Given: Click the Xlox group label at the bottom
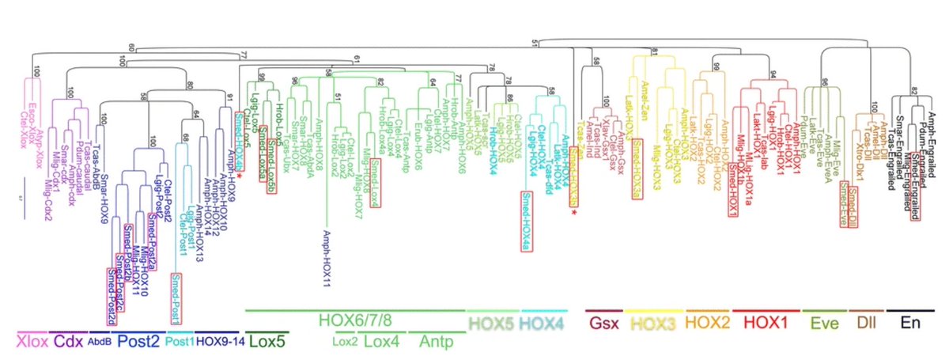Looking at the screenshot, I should pyautogui.click(x=32, y=341).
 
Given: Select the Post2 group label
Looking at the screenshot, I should pyautogui.click(x=139, y=341).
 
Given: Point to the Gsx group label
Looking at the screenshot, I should pyautogui.click(x=604, y=323).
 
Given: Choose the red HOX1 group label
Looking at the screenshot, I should pyautogui.click(x=763, y=323).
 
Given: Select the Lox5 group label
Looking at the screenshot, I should pyautogui.click(x=268, y=341).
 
